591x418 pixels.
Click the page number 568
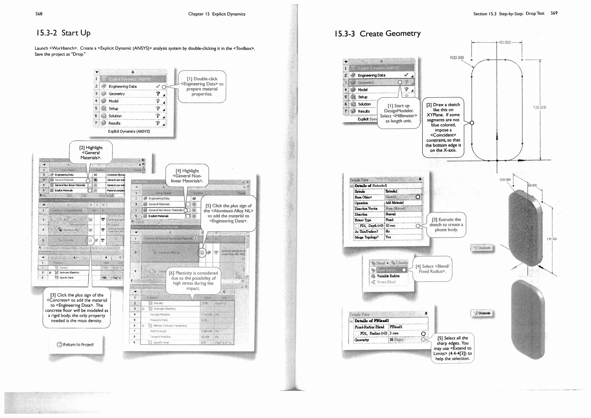[39, 14]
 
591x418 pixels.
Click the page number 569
[554, 13]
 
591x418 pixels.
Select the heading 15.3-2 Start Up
[63, 33]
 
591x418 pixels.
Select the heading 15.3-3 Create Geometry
[377, 34]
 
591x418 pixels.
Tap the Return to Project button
[76, 344]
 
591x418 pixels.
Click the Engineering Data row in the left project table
[123, 86]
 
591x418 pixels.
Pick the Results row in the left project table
[114, 123]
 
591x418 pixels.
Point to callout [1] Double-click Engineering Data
[202, 86]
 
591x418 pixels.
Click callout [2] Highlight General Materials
[91, 152]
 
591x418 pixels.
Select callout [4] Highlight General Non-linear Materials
[187, 176]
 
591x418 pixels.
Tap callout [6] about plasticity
[193, 280]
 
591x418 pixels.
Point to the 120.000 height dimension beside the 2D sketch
[539, 107]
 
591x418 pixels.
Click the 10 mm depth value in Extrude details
[390, 226]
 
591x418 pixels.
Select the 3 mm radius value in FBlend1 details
[394, 333]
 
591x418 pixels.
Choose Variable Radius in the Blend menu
[388, 276]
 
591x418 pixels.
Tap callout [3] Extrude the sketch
[446, 225]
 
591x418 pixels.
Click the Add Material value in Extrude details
[394, 203]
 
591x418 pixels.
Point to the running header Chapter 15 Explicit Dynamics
[216, 14]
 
